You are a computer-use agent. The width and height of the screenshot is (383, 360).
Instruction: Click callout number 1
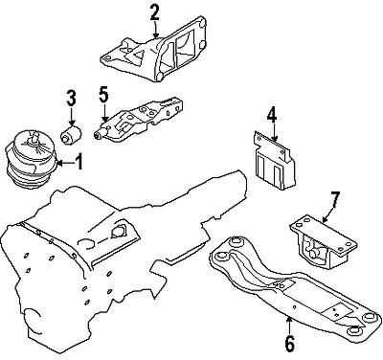pos(79,164)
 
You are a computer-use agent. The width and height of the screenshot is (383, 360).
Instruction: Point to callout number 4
pos(271,116)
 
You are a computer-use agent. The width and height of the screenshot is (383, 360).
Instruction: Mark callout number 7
pos(334,199)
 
